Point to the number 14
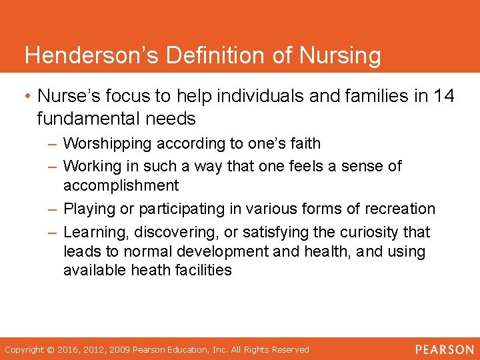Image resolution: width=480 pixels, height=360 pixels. pyautogui.click(x=443, y=96)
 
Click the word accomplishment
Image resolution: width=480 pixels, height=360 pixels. pyautogui.click(x=121, y=185)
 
